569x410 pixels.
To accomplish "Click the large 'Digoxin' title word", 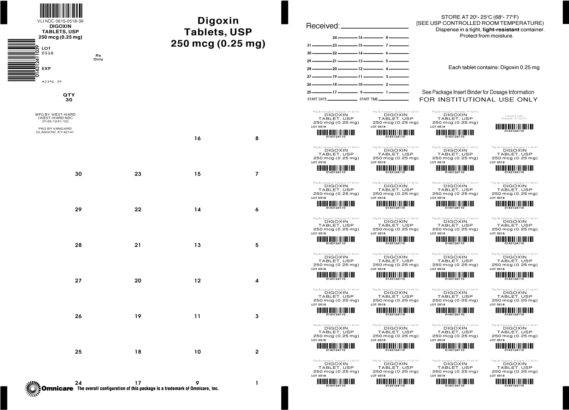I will point(218,21).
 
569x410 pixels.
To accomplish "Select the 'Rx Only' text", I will point(98,57).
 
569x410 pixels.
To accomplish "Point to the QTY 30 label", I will point(69,97).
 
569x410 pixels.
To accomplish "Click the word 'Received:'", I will point(323,26).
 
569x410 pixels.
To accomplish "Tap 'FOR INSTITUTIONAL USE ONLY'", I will point(478,100).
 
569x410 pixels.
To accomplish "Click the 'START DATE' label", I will point(317,99).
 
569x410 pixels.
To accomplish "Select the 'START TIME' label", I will point(368,99).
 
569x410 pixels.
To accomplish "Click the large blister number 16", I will point(197,138).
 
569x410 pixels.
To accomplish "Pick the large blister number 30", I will point(78,174).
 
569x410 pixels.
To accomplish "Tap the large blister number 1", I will point(257,383).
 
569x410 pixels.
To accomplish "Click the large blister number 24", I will point(78,383).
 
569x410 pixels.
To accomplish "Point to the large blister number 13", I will point(197,245).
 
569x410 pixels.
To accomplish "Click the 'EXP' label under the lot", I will point(46,68).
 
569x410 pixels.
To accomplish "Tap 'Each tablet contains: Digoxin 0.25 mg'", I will point(494,67).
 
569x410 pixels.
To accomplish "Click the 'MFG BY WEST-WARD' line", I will point(56,114).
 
